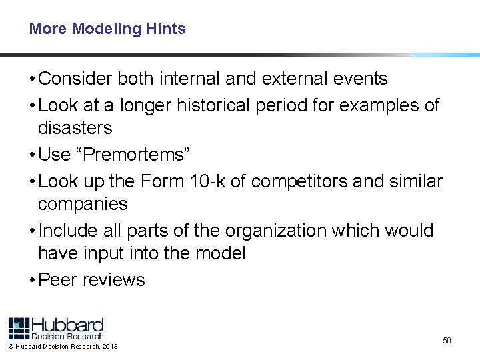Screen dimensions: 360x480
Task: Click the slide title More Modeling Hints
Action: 107,29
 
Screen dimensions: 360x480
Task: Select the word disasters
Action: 75,127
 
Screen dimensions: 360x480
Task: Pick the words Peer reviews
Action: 92,279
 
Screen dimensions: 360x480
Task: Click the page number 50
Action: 447,341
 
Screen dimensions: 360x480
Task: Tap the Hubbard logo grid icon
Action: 19,328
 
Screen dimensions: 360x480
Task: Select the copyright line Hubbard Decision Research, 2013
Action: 63,347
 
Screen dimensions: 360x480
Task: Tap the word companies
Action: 83,203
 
